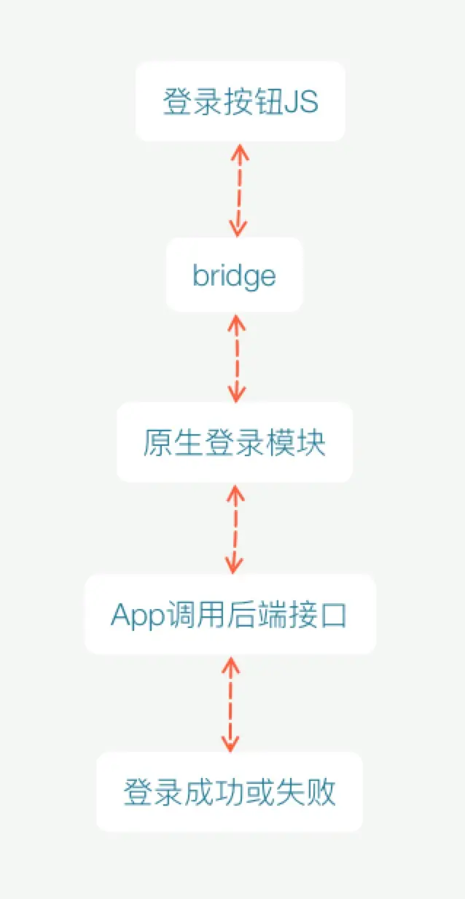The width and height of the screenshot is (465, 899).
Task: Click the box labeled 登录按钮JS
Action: (x=240, y=101)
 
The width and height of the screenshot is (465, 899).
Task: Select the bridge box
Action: (x=234, y=275)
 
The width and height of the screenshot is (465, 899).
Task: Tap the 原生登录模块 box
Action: (x=234, y=442)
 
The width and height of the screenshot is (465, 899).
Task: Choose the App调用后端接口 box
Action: (x=230, y=614)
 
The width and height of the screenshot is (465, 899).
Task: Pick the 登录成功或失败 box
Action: (x=230, y=792)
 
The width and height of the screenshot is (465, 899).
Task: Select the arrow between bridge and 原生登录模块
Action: (x=236, y=358)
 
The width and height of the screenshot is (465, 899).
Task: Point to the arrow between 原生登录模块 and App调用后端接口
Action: (x=234, y=529)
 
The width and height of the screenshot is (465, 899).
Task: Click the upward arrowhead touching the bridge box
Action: (x=236, y=321)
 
